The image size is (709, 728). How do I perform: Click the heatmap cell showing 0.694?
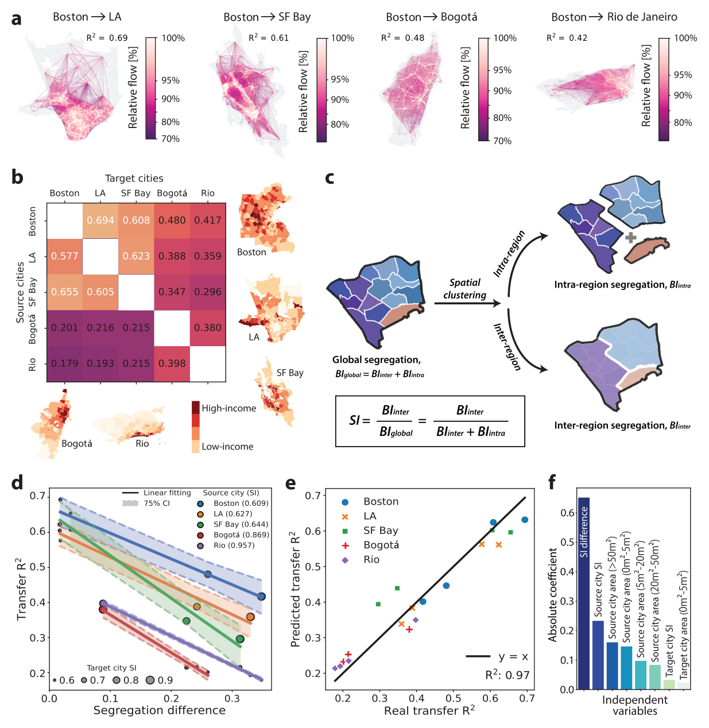point(100,220)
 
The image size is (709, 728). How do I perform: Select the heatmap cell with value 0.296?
point(208,292)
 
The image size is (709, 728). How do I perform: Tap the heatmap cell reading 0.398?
point(172,363)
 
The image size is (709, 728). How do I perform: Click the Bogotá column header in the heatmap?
point(172,193)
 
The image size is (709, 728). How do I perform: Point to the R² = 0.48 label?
point(402,38)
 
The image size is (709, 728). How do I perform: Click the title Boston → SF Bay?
point(267,17)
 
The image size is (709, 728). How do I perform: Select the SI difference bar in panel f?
point(584,593)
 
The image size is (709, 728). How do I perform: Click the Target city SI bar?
point(669,684)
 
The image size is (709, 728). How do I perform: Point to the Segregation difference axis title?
point(160,710)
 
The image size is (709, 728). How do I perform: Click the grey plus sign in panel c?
point(630,237)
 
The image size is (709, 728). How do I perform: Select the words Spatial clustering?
point(464,288)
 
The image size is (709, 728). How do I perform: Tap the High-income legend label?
point(229,408)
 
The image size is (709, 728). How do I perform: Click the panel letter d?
point(17,482)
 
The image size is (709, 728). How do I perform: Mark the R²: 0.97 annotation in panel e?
point(507,675)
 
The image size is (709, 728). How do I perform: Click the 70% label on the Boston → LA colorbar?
point(171,139)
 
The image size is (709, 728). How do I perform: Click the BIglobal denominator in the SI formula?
point(396,432)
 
